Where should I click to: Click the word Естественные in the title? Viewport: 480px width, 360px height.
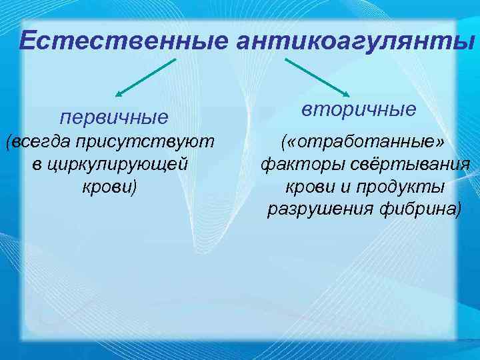coord(123,41)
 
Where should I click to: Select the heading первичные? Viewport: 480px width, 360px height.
coord(114,118)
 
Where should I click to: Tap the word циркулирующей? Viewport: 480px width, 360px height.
coord(121,164)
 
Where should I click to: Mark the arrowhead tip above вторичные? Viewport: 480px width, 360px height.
coord(349,96)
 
